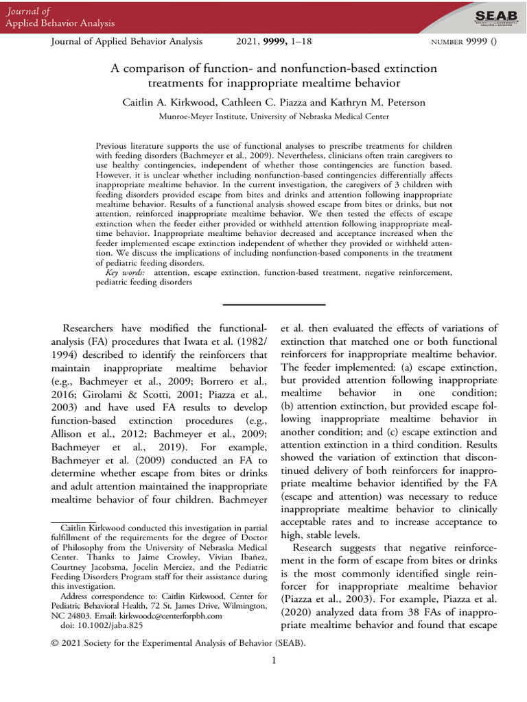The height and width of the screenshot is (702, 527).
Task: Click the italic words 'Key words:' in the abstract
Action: point(126,273)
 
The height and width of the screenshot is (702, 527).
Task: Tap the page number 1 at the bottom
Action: point(273,660)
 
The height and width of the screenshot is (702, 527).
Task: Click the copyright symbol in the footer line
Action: point(56,643)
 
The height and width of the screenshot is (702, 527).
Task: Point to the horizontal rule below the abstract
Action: point(274,304)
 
